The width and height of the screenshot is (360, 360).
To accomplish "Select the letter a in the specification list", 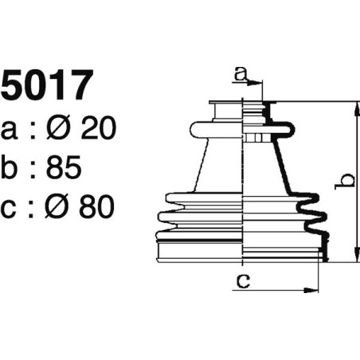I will (11, 129).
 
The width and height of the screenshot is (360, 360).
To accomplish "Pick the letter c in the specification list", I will (11, 209).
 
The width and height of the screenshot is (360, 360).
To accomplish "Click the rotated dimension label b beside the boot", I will (344, 182).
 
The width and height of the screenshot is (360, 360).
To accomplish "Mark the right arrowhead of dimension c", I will (316, 288).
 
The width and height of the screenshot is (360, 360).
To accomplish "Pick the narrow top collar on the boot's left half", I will (225, 109).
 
